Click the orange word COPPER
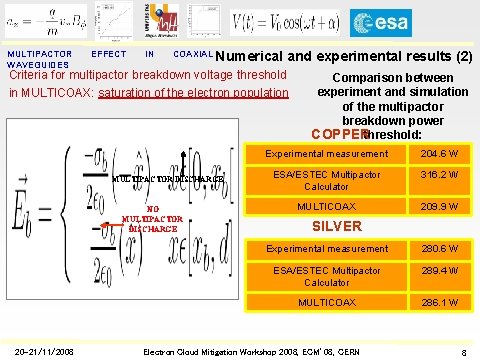pos(338,134)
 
